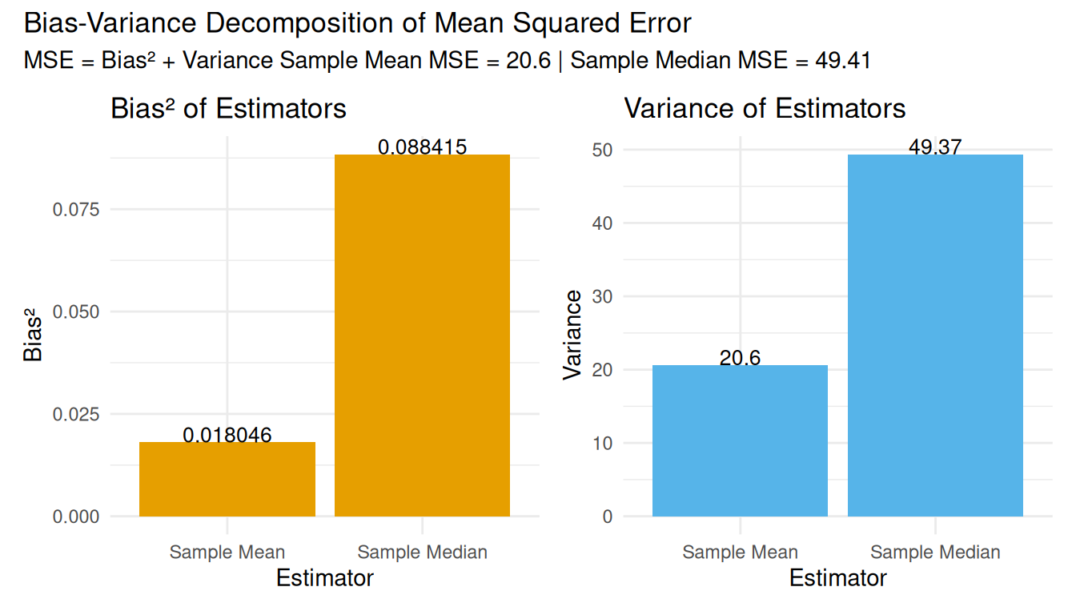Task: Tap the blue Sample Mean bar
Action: pos(740,440)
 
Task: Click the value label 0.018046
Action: pos(227,436)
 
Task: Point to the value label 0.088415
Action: pos(422,147)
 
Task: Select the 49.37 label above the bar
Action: pos(935,147)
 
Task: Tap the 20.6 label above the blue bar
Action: pos(740,358)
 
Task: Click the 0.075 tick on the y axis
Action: pos(76,210)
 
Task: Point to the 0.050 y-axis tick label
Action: pos(76,312)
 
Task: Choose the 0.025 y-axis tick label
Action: pos(76,414)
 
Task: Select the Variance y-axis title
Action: pos(573,335)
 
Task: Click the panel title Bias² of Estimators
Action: pos(228,109)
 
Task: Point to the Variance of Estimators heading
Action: pos(765,109)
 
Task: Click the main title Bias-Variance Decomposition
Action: pos(357,23)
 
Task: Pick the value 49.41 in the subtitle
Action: pos(842,61)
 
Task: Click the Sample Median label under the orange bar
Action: pos(422,553)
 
